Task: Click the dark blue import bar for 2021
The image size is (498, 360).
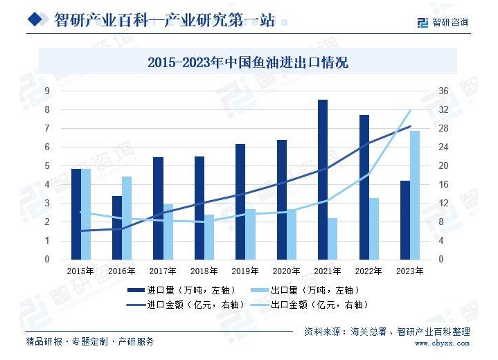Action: (x=323, y=179)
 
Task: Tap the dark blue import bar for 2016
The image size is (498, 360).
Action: (x=117, y=228)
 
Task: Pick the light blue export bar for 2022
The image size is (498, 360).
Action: (x=374, y=228)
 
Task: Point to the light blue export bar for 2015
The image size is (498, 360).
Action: (x=86, y=214)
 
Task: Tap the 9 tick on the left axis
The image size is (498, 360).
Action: (x=47, y=91)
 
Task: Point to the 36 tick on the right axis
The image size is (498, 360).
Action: (x=443, y=91)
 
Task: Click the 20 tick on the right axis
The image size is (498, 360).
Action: (x=443, y=165)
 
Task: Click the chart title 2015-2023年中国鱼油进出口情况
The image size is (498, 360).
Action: (x=248, y=63)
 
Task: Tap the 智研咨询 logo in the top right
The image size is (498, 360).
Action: (x=443, y=22)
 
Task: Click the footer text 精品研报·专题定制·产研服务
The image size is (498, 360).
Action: (x=90, y=341)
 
